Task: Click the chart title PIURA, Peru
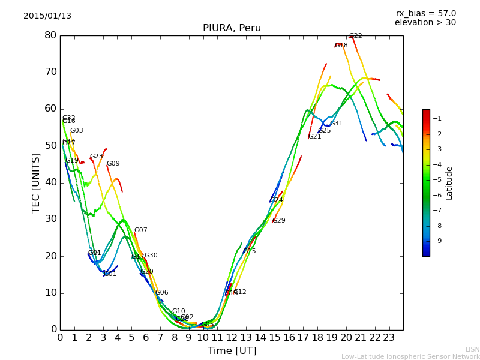(232, 28)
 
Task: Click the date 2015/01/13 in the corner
(47, 16)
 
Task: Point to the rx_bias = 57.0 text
(425, 13)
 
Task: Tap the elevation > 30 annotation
(425, 23)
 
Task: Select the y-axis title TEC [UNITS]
(36, 182)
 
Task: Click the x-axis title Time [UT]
(232, 350)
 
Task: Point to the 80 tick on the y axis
(50, 35)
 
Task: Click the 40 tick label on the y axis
(50, 182)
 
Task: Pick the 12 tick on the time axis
(232, 337)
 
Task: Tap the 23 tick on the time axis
(389, 337)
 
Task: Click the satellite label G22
(356, 36)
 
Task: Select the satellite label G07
(140, 230)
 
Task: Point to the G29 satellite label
(279, 221)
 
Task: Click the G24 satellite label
(276, 200)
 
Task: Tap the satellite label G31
(337, 124)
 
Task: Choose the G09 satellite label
(113, 164)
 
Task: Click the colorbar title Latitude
(449, 182)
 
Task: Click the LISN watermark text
(473, 349)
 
